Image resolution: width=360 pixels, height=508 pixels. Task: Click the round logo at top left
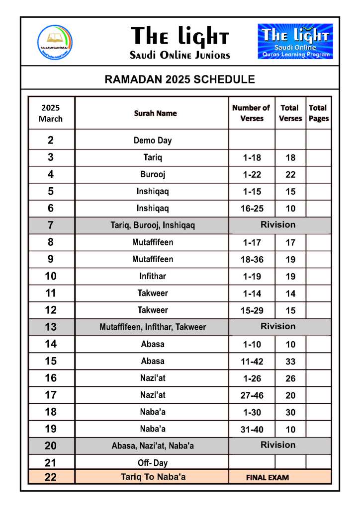55,43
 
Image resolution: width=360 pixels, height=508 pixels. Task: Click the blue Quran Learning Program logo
295,42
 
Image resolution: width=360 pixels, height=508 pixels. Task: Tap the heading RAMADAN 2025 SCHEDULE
180,79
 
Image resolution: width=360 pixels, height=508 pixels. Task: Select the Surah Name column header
155,113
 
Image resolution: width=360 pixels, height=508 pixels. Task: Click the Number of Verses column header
251,113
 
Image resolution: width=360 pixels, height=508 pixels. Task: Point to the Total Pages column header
318,113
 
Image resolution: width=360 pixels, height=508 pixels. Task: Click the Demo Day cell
153,141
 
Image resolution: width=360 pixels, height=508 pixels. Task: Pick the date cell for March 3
51,157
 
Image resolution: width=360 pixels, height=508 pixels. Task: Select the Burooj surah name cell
153,174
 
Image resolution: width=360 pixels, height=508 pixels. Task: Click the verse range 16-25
252,209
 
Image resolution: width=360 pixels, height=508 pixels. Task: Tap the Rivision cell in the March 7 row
278,225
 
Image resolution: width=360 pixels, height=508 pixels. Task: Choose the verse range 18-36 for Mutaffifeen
252,259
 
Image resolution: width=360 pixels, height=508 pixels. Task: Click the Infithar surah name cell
153,276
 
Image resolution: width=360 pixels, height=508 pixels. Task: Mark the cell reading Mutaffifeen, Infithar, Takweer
153,327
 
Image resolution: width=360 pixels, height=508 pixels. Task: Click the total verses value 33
290,361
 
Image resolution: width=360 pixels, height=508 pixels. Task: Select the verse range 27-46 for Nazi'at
252,395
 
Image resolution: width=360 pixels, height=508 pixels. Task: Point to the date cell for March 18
51,412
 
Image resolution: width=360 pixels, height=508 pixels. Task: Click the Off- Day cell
153,463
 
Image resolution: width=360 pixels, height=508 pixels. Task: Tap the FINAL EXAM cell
268,478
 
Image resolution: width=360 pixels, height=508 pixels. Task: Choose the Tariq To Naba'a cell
153,477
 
